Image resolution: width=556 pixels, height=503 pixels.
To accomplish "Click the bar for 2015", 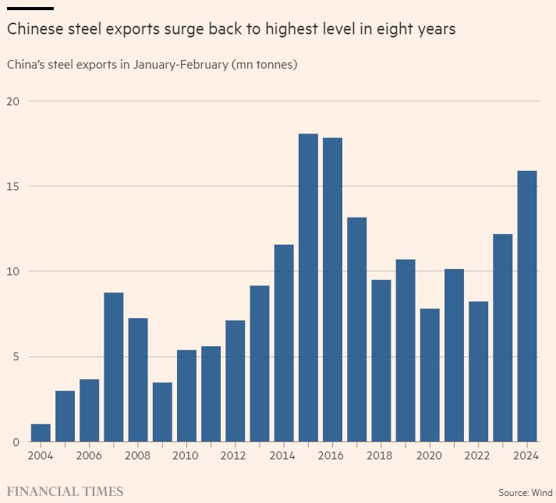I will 308,288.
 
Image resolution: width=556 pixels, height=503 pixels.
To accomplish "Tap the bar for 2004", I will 41,433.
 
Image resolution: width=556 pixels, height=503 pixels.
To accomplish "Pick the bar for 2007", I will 114,367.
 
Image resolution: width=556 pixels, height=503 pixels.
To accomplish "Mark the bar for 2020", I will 430,375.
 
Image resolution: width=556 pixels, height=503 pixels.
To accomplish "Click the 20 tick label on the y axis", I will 14,101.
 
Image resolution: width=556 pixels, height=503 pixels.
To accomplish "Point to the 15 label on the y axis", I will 14,186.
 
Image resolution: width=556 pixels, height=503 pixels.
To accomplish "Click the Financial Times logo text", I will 65,491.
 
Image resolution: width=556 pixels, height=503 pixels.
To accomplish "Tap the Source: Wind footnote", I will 525,493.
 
